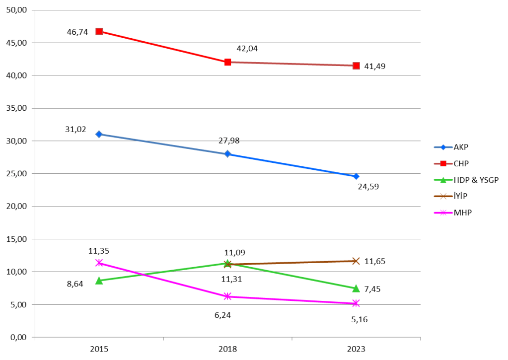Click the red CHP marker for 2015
pyautogui.click(x=99, y=31)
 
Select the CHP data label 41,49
pyautogui.click(x=375, y=66)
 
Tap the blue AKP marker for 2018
pyautogui.click(x=227, y=154)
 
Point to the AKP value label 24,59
pyautogui.click(x=368, y=187)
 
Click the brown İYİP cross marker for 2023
pyautogui.click(x=356, y=261)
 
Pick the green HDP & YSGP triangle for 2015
pyautogui.click(x=99, y=281)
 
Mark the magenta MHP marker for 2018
pyautogui.click(x=227, y=296)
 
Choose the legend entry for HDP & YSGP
pyautogui.click(x=475, y=180)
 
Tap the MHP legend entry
pyautogui.click(x=462, y=213)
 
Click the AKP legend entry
pyautogui.click(x=461, y=147)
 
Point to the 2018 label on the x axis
pyautogui.click(x=227, y=349)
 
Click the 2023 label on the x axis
pyautogui.click(x=356, y=349)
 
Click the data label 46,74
pyautogui.click(x=77, y=32)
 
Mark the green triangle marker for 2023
pyautogui.click(x=356, y=288)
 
